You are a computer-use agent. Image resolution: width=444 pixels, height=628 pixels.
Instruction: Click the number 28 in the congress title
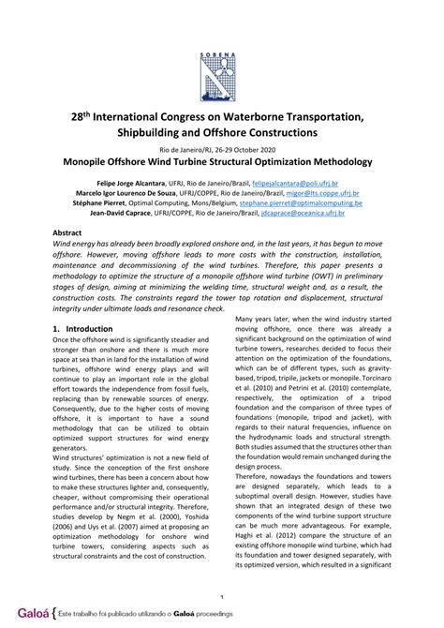pos(81,115)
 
